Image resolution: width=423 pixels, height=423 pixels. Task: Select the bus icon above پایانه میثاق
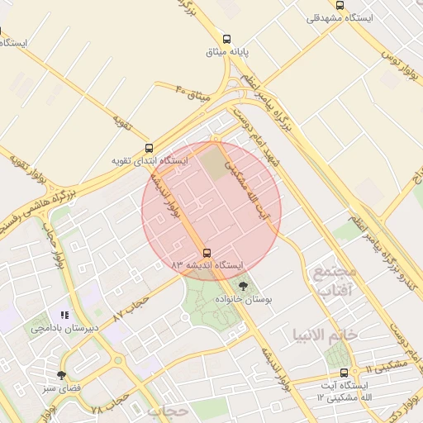[226, 39]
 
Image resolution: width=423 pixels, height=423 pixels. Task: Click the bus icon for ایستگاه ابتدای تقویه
[149, 149]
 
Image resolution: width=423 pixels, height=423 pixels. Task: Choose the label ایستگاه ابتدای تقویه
[150, 160]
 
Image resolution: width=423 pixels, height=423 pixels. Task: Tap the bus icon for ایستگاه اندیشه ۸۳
[206, 253]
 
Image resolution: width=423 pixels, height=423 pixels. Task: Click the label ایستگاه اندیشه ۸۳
[207, 265]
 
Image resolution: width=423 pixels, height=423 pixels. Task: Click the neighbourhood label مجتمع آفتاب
[335, 280]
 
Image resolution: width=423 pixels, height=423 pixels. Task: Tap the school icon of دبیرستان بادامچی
[64, 315]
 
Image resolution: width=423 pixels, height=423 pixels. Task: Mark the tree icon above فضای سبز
[62, 375]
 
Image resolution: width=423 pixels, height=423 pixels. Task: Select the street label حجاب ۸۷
[131, 307]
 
